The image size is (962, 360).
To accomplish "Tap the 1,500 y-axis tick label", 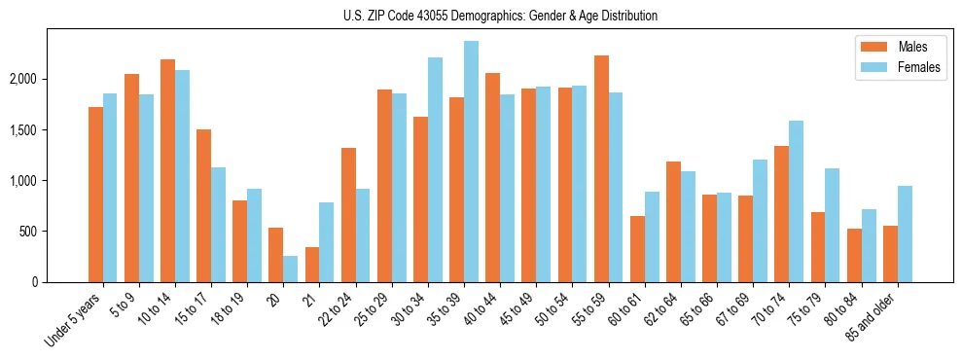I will point(49,129).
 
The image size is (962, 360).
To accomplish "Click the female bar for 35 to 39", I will point(471,162).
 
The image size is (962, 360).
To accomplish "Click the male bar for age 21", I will point(312,265).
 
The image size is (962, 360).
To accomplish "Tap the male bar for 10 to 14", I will point(167,170).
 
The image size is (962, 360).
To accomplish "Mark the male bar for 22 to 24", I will point(348,215).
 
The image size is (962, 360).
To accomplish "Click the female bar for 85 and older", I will point(905,234).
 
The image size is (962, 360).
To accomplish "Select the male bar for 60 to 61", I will point(637,249).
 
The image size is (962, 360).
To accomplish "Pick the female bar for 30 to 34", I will point(435,169).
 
